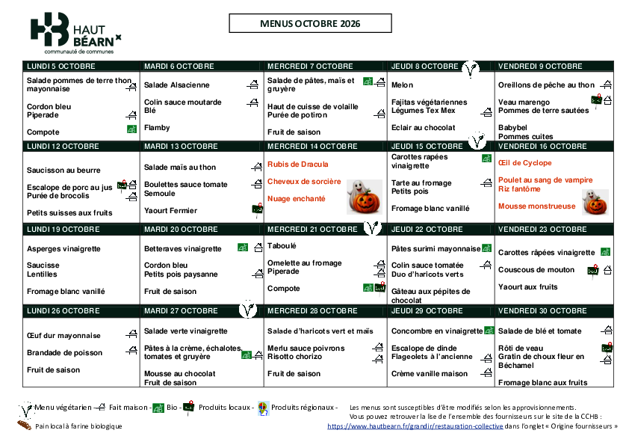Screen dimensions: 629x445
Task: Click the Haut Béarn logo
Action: [x=75, y=33]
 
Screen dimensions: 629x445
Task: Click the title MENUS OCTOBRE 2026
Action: [x=310, y=24]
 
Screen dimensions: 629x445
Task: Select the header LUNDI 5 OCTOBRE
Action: [x=61, y=67]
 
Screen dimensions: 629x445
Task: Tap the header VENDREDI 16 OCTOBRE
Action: [x=542, y=147]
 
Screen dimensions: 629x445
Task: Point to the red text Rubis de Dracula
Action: [x=297, y=165]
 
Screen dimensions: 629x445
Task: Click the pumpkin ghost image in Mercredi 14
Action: [x=365, y=197]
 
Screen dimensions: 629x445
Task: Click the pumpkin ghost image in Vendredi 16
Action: [x=595, y=202]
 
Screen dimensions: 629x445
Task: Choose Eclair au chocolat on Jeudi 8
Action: [x=424, y=128]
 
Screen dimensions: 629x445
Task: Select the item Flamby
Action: [x=157, y=128]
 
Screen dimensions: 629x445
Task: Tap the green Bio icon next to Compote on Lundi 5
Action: [x=131, y=129]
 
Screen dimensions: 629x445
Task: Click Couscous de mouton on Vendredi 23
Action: [x=536, y=270]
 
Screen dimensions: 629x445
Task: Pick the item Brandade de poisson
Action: [x=64, y=352]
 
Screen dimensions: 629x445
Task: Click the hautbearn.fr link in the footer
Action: [x=415, y=426]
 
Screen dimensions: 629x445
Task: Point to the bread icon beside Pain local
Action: [x=24, y=425]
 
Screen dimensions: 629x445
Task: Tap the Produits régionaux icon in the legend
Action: [x=263, y=408]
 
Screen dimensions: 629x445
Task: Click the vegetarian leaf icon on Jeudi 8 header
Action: [x=470, y=70]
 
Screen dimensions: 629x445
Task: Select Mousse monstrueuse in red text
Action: [x=536, y=206]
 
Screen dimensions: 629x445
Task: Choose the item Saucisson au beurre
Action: [x=63, y=171]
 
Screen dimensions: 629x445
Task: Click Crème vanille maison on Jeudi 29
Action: [x=430, y=374]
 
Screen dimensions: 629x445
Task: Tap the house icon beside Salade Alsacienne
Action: [x=252, y=85]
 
